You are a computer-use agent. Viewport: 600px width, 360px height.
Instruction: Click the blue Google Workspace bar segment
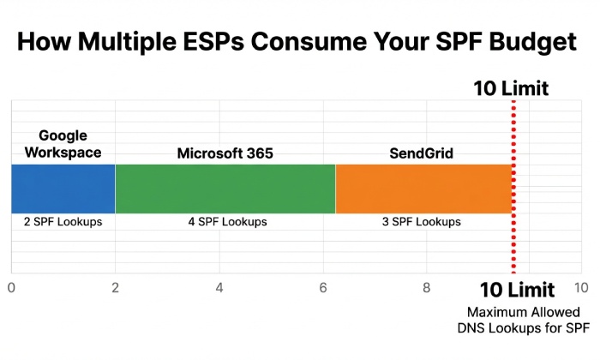[63, 188]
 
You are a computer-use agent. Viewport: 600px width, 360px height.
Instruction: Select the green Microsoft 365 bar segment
[225, 188]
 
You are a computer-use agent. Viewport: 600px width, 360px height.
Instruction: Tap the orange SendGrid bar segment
[423, 188]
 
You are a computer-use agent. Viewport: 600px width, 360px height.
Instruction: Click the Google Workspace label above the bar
[63, 144]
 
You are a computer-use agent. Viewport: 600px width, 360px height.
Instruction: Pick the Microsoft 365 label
[225, 153]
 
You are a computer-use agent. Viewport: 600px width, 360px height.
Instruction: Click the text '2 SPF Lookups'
[63, 222]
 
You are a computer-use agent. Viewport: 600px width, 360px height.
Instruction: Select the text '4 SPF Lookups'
[227, 222]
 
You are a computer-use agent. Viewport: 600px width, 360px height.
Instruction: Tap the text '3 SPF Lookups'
[421, 222]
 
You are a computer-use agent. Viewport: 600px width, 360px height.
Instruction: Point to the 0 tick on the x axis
[10, 288]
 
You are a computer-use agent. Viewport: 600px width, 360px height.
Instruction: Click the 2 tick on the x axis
[115, 288]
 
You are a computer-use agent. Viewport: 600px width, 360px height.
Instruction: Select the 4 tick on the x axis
[219, 288]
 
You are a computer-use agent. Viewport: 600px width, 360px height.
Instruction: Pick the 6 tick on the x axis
[323, 288]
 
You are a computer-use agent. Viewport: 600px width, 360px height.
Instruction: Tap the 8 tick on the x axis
[427, 288]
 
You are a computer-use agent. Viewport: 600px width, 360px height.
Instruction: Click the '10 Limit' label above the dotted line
[511, 87]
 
